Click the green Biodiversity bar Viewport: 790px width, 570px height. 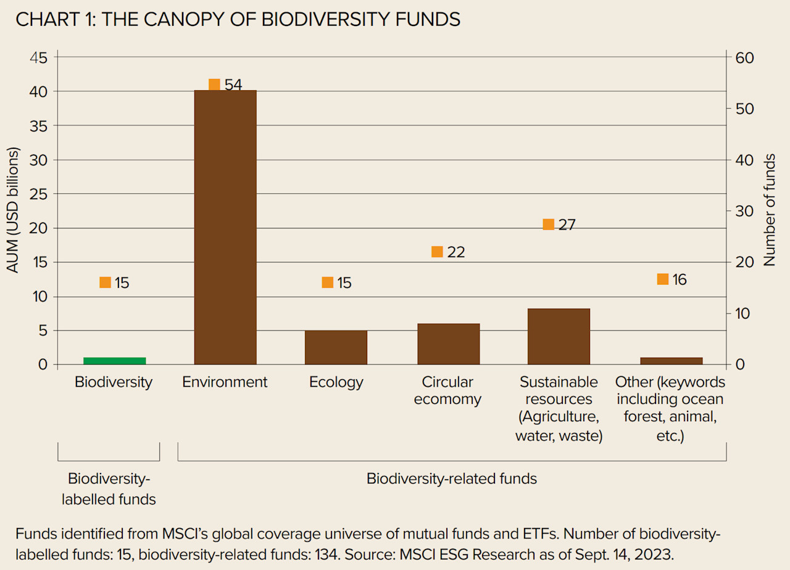114,361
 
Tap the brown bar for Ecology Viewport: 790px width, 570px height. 336,347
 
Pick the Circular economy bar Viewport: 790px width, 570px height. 448,344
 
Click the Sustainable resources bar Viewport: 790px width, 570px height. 559,336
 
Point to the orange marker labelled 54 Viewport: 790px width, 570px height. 214,85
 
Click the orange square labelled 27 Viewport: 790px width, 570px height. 548,224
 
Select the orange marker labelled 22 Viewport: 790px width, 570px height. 437,252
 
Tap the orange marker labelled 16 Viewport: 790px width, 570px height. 663,279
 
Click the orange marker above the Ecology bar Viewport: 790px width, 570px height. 327,282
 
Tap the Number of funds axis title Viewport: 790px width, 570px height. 770,211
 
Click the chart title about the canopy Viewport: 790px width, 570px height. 238,19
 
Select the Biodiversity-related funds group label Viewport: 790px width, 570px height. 451,479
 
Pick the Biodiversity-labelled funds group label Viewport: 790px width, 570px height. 109,488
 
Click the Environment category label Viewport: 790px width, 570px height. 225,382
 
